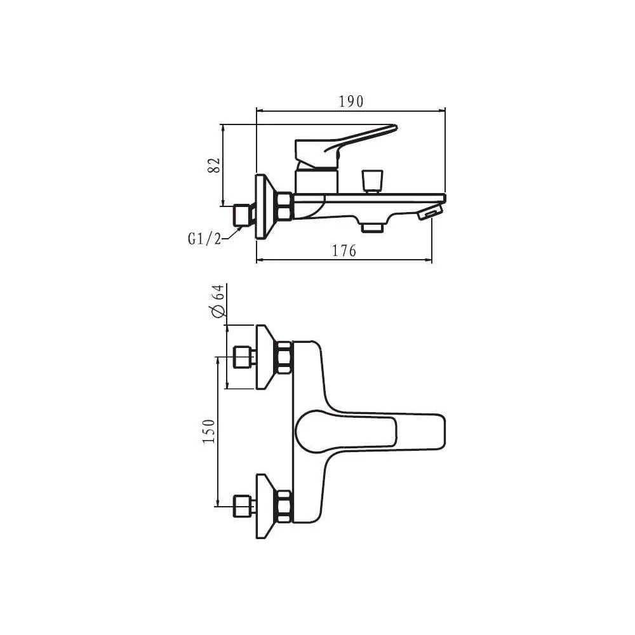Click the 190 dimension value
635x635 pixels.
tap(351, 101)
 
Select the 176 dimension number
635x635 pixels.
tap(344, 251)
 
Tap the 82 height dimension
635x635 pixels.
tap(214, 165)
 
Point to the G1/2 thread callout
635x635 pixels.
tap(204, 239)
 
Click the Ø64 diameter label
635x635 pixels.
tap(217, 301)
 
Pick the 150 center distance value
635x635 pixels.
tap(208, 432)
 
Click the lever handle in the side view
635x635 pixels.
tap(346, 146)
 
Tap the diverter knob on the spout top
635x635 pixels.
tap(372, 182)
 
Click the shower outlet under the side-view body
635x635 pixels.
tap(372, 227)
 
